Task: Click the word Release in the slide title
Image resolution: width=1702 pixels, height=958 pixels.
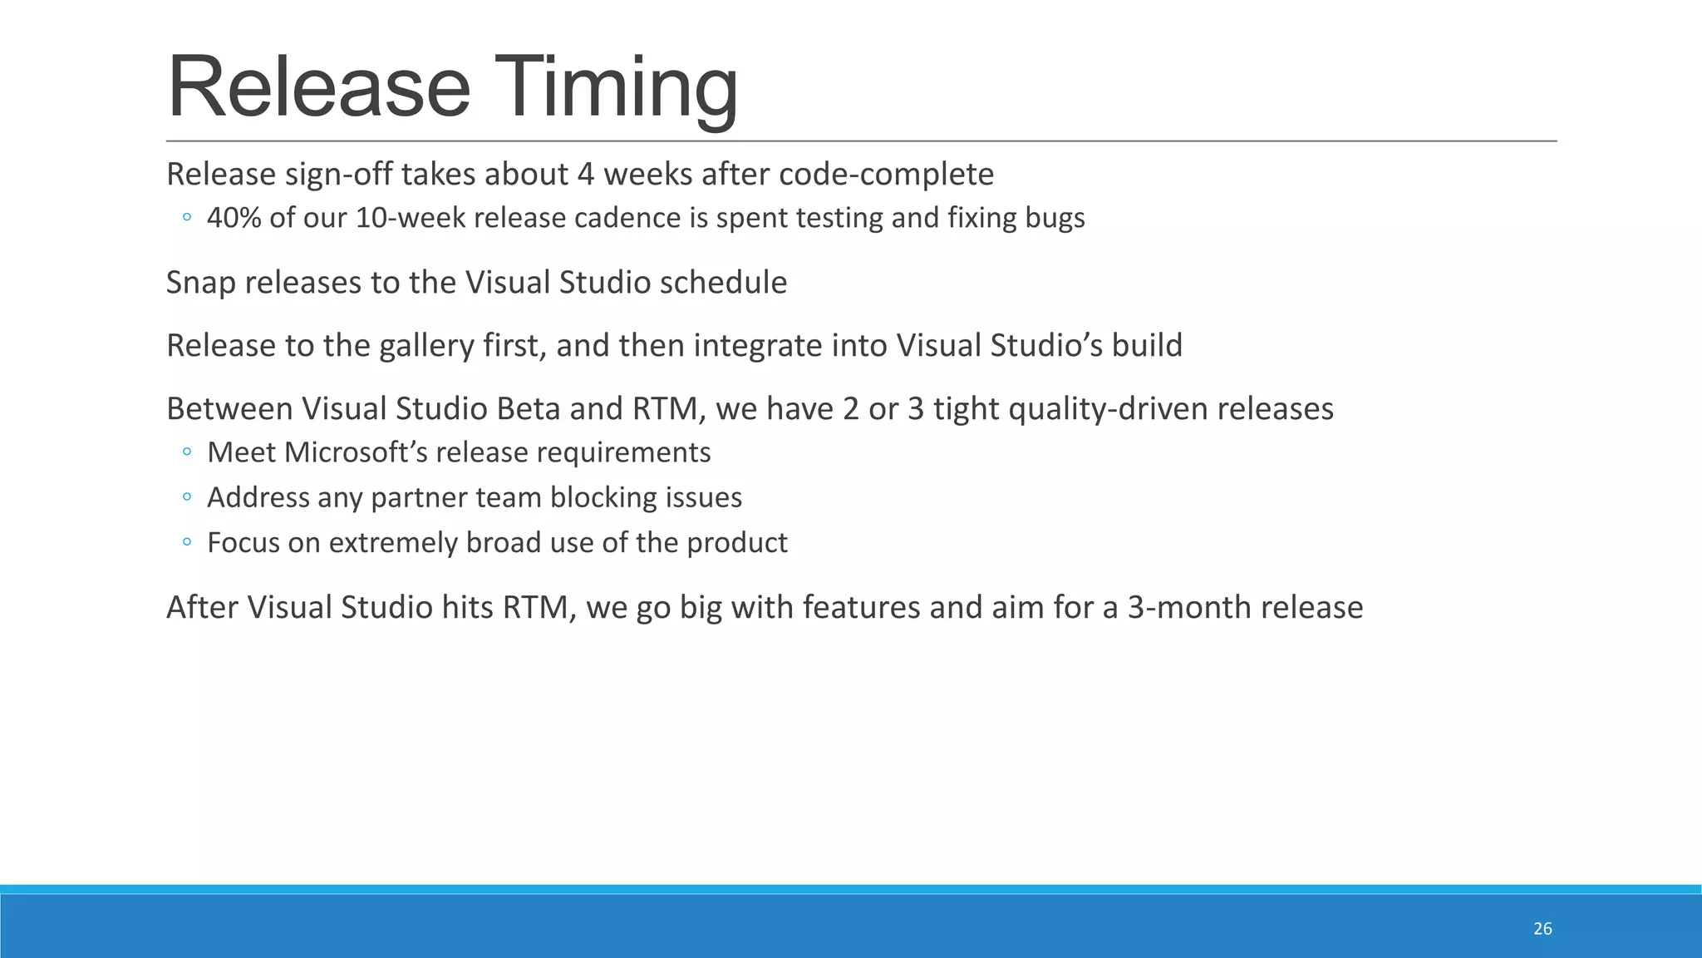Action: point(319,88)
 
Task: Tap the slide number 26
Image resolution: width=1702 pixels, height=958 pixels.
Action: point(1542,929)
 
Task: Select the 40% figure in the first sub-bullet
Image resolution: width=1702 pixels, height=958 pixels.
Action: point(234,218)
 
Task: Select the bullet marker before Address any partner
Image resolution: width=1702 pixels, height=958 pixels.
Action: point(187,497)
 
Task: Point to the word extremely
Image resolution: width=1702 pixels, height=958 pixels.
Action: point(393,543)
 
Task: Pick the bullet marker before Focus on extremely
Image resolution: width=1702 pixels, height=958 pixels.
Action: point(187,542)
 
